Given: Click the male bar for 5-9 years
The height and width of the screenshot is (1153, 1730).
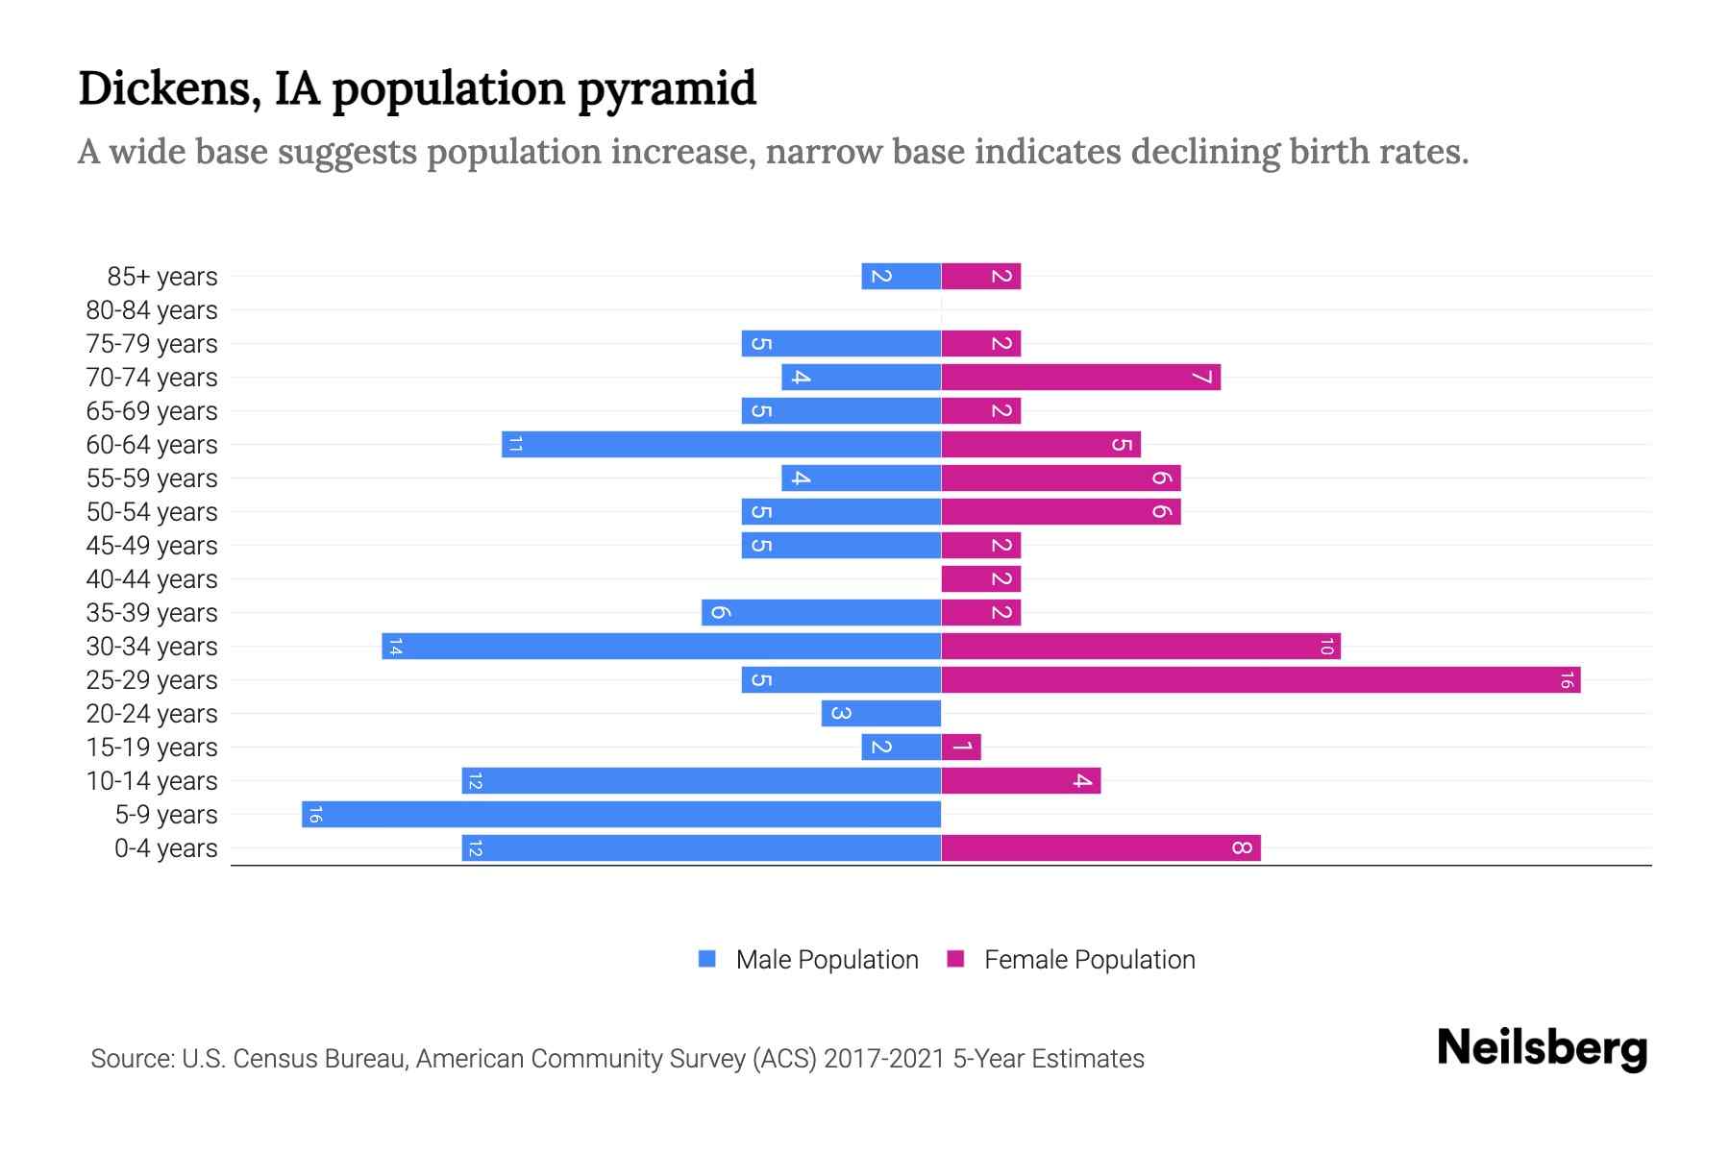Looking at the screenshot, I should pyautogui.click(x=621, y=815).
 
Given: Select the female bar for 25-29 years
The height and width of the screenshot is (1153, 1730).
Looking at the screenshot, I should pyautogui.click(x=1261, y=680).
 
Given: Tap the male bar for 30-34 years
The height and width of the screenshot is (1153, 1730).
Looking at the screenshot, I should pyautogui.click(x=661, y=647).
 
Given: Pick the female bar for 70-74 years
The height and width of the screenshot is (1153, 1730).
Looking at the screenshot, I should pyautogui.click(x=1080, y=378).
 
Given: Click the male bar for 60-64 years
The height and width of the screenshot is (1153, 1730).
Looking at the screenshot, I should pyautogui.click(x=721, y=445).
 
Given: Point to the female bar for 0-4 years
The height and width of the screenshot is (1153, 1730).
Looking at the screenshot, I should pyautogui.click(x=1100, y=848).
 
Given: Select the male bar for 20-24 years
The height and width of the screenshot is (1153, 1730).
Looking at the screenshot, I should pyautogui.click(x=881, y=714).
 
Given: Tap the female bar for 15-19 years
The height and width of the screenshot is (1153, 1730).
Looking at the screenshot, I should pyautogui.click(x=961, y=748).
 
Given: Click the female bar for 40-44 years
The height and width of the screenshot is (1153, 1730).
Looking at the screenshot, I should pyautogui.click(x=980, y=579).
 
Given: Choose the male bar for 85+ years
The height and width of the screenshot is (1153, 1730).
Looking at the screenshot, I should pyautogui.click(x=901, y=277).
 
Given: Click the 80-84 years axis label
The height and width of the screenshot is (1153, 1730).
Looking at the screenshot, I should pyautogui.click(x=152, y=310).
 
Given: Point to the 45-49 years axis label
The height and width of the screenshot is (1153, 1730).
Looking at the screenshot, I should pyautogui.click(x=152, y=546).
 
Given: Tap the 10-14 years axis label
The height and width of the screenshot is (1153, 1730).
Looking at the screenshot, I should pyautogui.click(x=152, y=781).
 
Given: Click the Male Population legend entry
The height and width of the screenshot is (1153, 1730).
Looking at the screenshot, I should pyautogui.click(x=826, y=960).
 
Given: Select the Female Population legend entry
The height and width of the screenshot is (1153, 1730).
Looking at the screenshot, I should pyautogui.click(x=1089, y=960).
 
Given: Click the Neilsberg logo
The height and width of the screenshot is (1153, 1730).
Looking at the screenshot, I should pyautogui.click(x=1542, y=1048).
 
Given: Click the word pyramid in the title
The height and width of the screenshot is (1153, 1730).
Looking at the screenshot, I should pyautogui.click(x=666, y=89).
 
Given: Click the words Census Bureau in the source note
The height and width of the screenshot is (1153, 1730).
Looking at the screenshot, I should pyautogui.click(x=317, y=1059).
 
